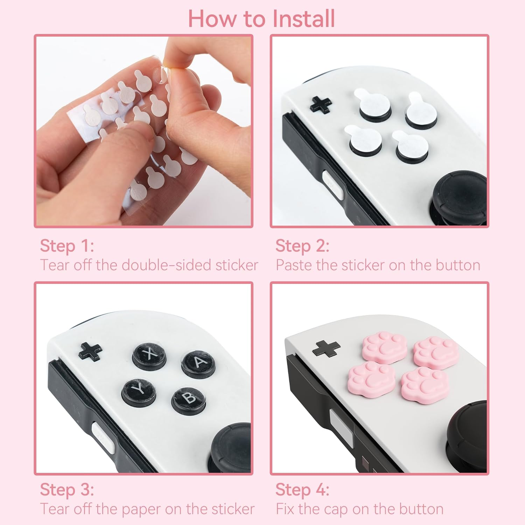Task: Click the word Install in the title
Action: pos(303,19)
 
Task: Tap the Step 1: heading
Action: pos(67,246)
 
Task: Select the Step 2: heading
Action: pos(302,246)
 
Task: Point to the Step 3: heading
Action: pos(67,490)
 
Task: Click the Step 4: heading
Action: pos(302,490)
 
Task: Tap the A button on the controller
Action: pos(198,363)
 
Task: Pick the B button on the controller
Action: pos(189,399)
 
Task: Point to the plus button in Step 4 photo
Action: pos(326,349)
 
